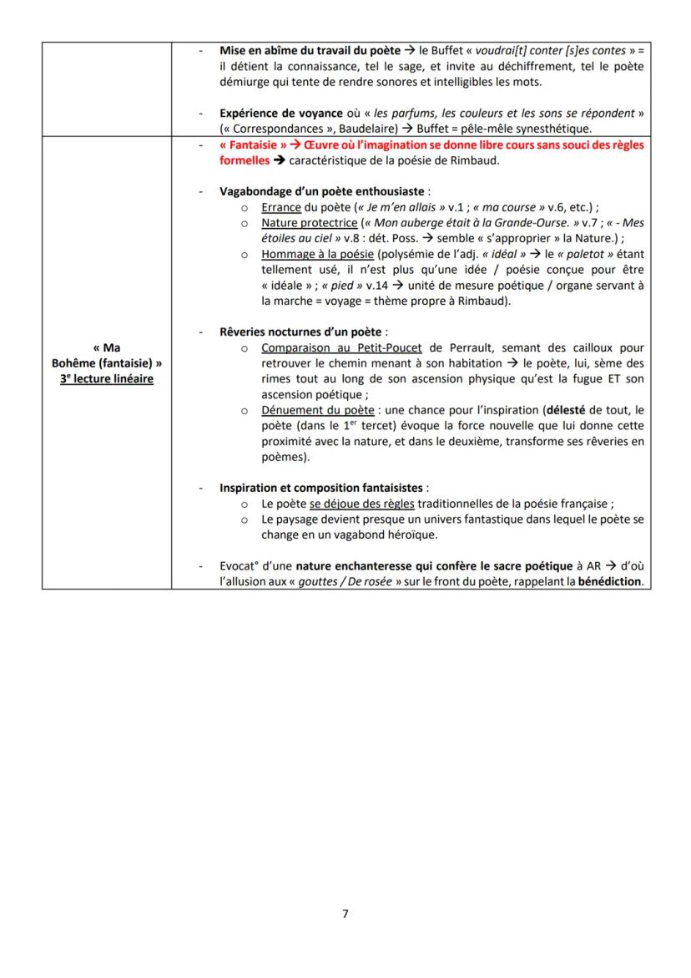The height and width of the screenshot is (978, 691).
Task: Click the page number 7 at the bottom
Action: click(345, 914)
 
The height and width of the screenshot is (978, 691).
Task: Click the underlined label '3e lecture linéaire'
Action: click(107, 378)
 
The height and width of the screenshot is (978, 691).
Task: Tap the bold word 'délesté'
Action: click(568, 410)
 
